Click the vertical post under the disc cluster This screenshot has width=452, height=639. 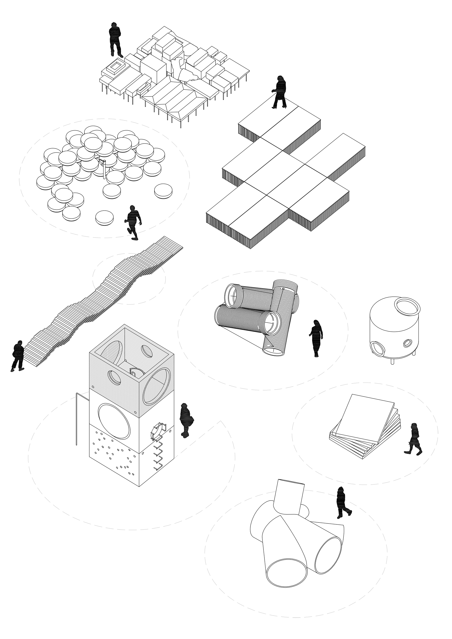pos(104,170)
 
